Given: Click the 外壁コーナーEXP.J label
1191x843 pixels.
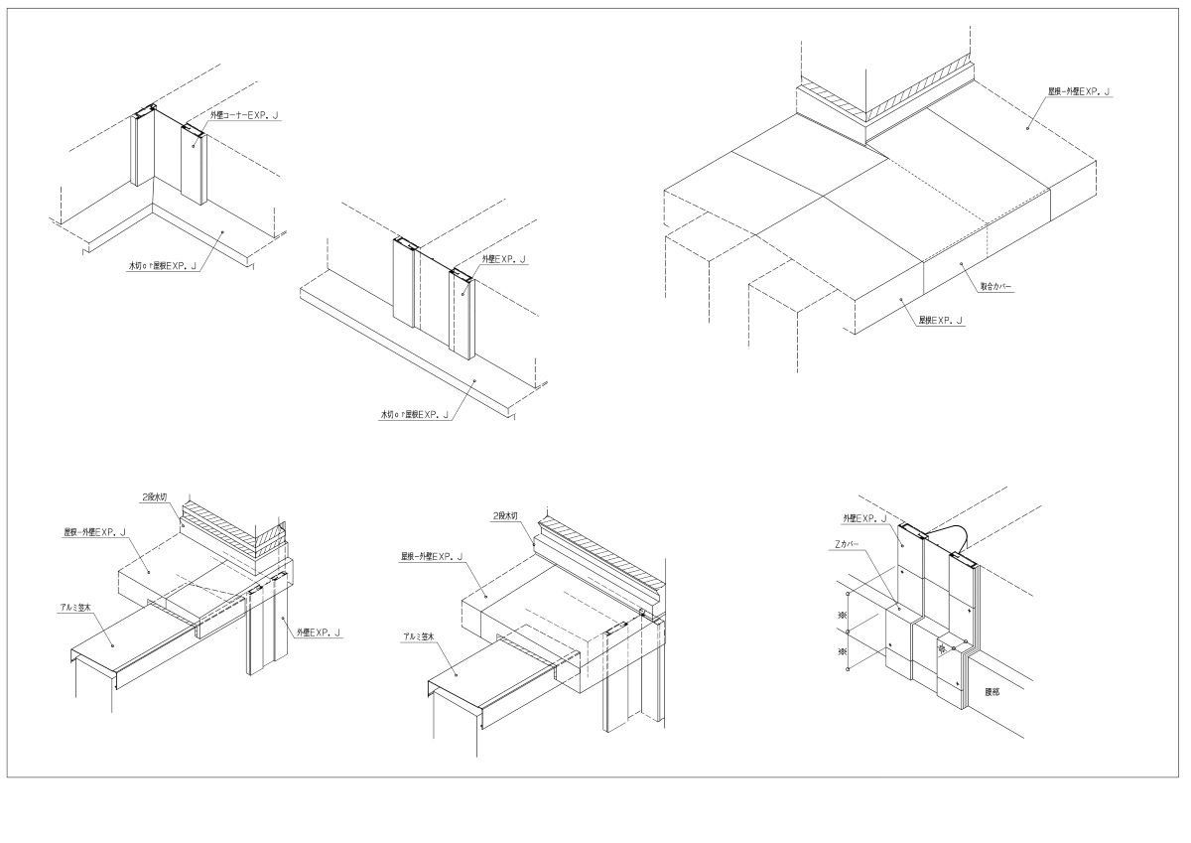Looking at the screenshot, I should [244, 115].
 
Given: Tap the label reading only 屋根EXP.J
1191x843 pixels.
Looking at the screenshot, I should [941, 320].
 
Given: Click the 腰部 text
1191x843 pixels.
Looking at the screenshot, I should [992, 691].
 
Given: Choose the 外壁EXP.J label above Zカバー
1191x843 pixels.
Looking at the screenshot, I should [864, 518].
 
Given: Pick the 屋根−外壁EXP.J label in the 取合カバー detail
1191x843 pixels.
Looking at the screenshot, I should [1079, 92].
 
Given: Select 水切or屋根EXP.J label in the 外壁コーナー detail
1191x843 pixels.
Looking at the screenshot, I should [159, 266].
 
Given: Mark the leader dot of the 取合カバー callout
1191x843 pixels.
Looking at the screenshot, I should [961, 262].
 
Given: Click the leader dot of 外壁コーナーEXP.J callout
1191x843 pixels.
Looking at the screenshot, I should [194, 146].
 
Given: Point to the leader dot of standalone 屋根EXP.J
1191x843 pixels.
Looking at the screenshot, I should [901, 298].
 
